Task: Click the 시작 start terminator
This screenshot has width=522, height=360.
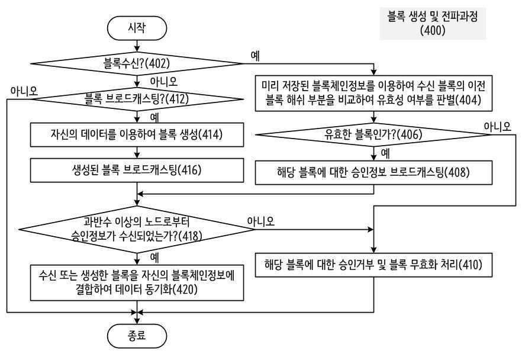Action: (x=137, y=28)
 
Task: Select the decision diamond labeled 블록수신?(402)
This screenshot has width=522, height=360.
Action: (x=137, y=63)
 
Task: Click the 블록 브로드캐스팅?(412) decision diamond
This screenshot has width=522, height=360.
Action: (x=137, y=99)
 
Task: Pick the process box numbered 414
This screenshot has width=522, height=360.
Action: (x=137, y=135)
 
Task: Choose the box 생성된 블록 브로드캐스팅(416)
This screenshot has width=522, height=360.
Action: (x=137, y=170)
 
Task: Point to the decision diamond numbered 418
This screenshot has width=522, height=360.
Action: (x=137, y=230)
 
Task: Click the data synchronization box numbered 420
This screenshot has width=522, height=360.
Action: (x=137, y=283)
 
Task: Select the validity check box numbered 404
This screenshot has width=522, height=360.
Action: (x=373, y=93)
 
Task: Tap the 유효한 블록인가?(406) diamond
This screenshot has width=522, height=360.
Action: (x=373, y=134)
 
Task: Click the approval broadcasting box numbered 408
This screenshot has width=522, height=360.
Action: (x=373, y=173)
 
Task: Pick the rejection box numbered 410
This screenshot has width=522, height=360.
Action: (x=373, y=265)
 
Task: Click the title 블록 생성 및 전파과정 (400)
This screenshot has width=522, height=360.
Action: (x=433, y=23)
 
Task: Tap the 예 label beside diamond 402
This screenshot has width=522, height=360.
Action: (x=255, y=56)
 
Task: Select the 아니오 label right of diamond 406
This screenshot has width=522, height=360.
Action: (x=497, y=127)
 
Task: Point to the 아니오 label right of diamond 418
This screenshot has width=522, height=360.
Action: (x=260, y=221)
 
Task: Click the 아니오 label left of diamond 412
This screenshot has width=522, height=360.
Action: (x=24, y=91)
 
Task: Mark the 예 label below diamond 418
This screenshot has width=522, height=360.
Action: (x=154, y=258)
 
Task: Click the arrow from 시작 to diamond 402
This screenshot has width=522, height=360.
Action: (x=137, y=46)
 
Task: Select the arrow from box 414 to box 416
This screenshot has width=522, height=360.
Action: (x=137, y=153)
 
